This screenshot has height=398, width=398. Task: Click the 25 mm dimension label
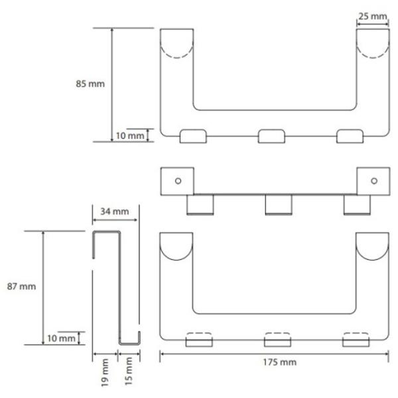(372, 17)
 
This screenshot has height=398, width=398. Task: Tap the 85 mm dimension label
(90, 84)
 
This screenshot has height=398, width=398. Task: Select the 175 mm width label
(279, 362)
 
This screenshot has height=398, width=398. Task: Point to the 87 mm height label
(21, 287)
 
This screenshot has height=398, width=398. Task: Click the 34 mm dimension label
(115, 212)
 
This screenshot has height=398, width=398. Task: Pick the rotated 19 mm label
(105, 373)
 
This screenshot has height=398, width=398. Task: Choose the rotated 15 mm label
(129, 371)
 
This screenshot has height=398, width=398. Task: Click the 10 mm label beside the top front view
(130, 136)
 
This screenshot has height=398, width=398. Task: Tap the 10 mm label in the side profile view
(61, 338)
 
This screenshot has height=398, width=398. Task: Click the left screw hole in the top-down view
(178, 181)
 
